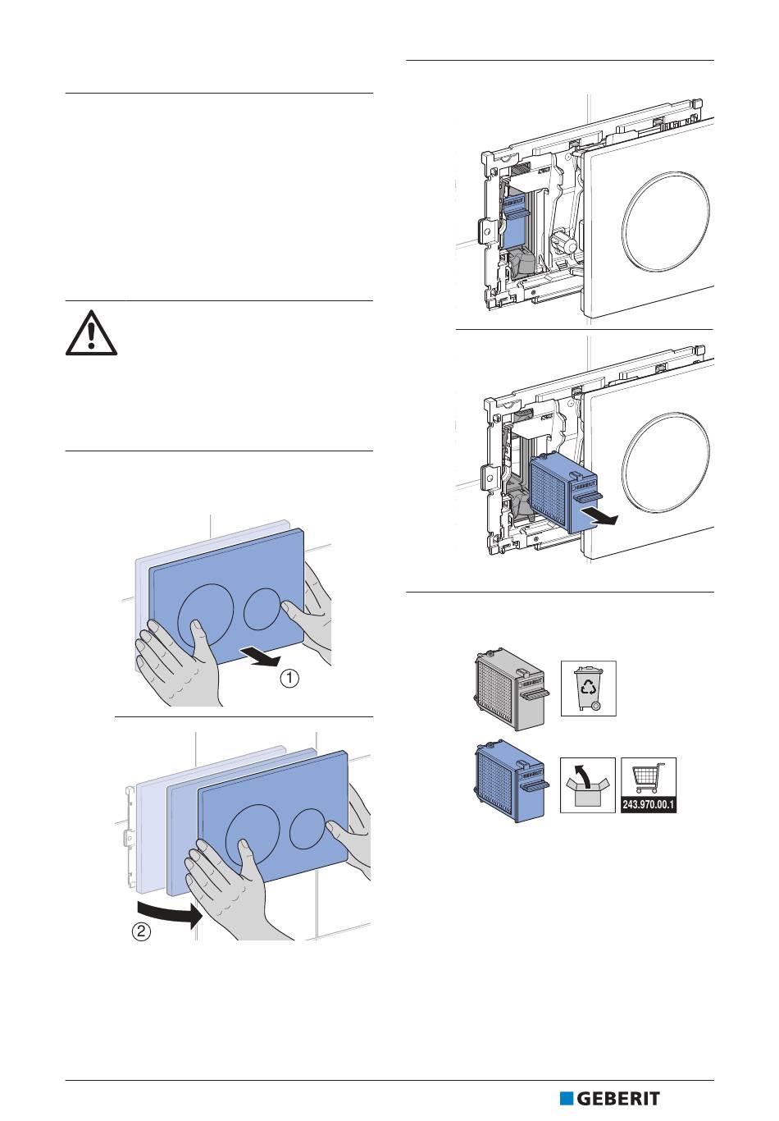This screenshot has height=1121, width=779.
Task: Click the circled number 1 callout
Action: click(x=289, y=679)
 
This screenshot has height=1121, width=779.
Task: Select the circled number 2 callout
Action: click(x=142, y=932)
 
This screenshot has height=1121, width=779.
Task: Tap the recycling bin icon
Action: click(x=588, y=688)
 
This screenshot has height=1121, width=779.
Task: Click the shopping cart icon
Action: click(x=648, y=778)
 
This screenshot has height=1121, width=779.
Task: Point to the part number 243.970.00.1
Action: click(x=648, y=805)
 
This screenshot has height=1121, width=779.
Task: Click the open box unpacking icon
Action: click(x=587, y=785)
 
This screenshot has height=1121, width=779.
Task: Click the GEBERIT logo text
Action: click(x=618, y=1099)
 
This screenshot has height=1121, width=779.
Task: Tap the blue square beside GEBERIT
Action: click(x=567, y=1099)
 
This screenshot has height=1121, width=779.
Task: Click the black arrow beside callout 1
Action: click(x=261, y=658)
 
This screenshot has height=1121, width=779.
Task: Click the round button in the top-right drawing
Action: click(x=666, y=222)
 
